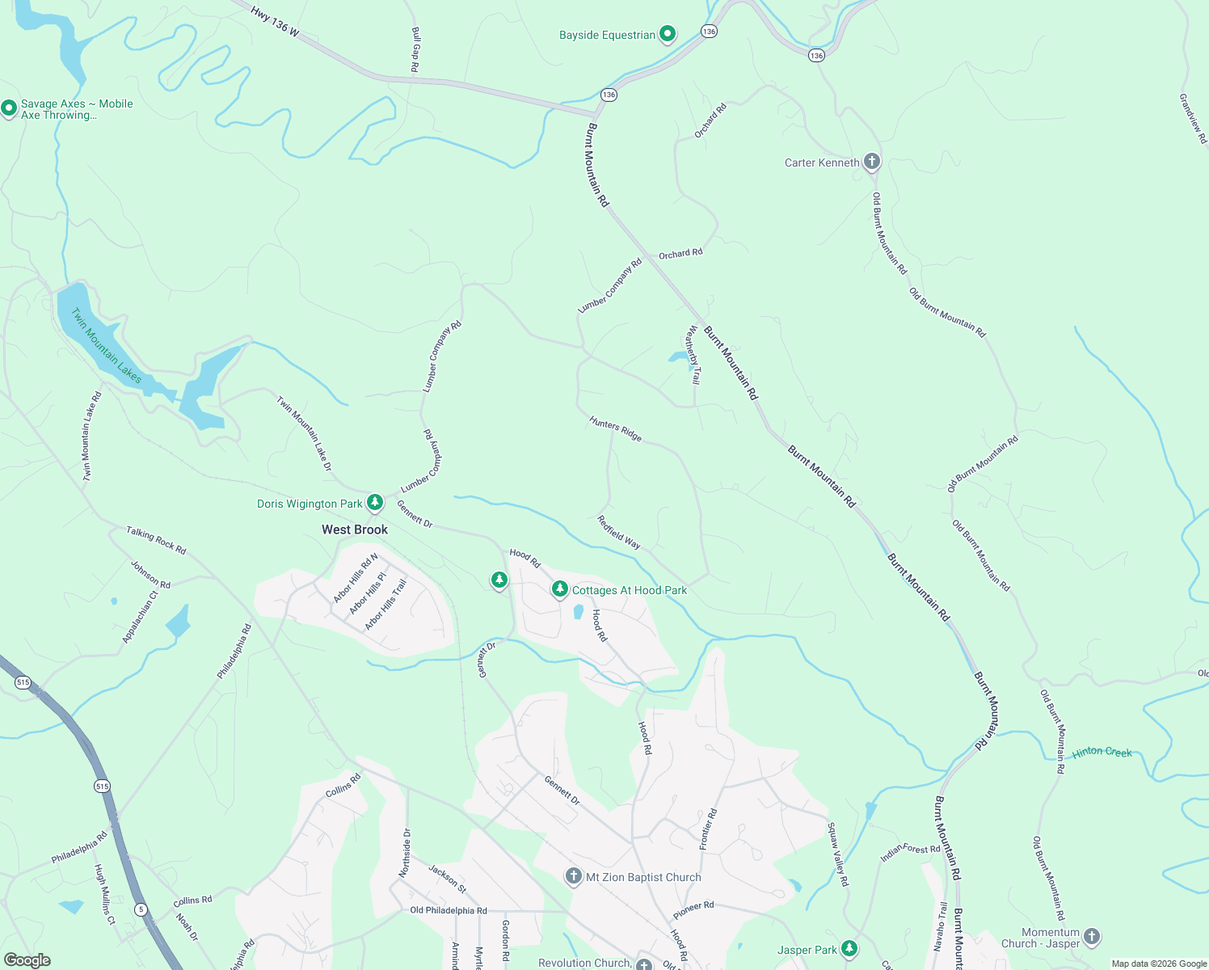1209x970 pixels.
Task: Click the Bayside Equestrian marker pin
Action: [668, 34]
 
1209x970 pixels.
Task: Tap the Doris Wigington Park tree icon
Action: [375, 503]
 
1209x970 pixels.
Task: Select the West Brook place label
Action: [355, 529]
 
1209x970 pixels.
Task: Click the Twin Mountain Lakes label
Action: [106, 345]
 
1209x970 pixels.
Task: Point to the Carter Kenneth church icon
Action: [871, 162]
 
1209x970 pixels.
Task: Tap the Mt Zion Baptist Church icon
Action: [573, 876]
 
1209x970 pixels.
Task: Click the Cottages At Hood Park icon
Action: [559, 589]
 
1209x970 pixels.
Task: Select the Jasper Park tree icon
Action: [849, 949]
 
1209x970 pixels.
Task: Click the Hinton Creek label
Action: [1102, 753]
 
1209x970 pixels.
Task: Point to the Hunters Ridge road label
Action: [616, 429]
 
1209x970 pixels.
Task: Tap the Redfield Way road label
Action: [619, 533]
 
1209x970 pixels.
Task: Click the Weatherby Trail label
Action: [693, 354]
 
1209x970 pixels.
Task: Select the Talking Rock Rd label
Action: [156, 540]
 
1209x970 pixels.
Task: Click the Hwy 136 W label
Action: [275, 22]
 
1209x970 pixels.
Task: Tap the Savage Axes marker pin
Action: [9, 108]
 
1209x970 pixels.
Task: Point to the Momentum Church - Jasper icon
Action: [1092, 936]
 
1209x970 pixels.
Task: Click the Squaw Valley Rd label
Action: [837, 854]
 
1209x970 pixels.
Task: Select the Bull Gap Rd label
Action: [415, 50]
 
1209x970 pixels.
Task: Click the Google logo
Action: [27, 960]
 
